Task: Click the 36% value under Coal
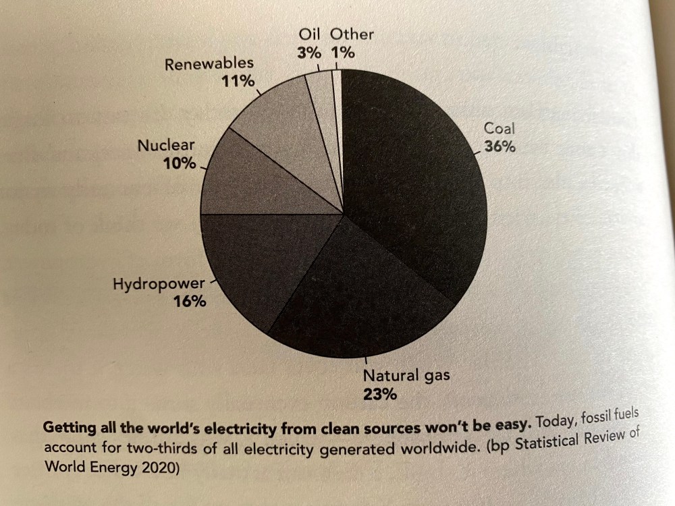(x=500, y=147)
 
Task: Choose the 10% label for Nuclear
(x=179, y=163)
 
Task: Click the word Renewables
(x=209, y=63)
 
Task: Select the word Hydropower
(x=158, y=284)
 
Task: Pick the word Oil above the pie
(x=310, y=34)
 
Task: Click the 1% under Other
(x=343, y=53)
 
